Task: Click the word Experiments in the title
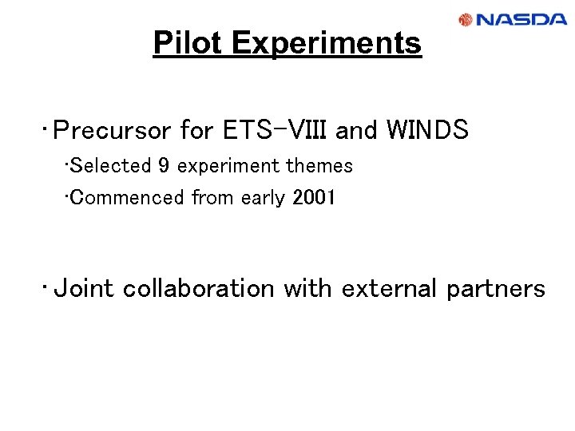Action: pyautogui.click(x=326, y=43)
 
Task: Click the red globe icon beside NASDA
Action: pyautogui.click(x=466, y=20)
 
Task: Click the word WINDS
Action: pyautogui.click(x=426, y=130)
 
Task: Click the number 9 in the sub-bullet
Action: pyautogui.click(x=164, y=166)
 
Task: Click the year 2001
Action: pyautogui.click(x=315, y=197)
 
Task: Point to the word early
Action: pyautogui.click(x=260, y=197)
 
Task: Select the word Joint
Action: pyautogui.click(x=84, y=288)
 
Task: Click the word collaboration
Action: pyautogui.click(x=199, y=288)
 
